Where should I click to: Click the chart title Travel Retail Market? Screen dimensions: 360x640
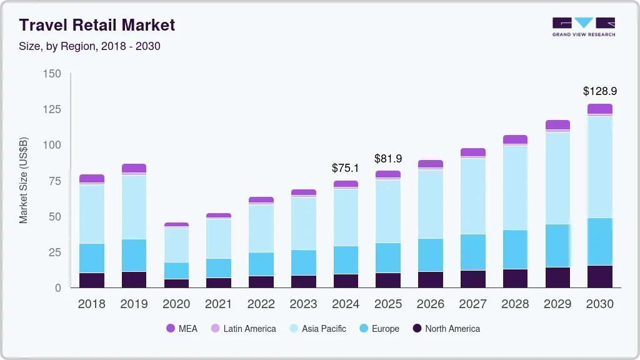[x=97, y=25]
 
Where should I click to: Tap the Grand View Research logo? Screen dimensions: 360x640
[x=583, y=26]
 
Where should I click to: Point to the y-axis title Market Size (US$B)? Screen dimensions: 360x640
[x=24, y=180]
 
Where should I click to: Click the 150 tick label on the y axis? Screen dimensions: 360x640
[x=52, y=74]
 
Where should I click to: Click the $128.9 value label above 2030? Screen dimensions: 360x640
[x=600, y=91]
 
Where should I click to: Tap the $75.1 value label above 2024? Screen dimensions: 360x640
[x=346, y=167]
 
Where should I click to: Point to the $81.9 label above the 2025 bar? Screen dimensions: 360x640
[x=388, y=159]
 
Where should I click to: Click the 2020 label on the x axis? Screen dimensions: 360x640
[x=176, y=304]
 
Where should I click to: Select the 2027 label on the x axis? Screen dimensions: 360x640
[x=472, y=304]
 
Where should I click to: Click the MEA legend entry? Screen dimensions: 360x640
[x=181, y=328]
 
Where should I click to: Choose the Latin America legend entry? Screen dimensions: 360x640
[x=243, y=328]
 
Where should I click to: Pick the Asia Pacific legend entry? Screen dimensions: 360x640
[x=317, y=328]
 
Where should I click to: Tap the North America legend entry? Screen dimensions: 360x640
[x=446, y=328]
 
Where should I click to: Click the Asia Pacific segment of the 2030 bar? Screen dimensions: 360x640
[x=600, y=167]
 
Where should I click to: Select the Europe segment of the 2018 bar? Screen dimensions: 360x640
[x=92, y=258]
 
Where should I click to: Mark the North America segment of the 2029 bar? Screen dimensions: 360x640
[x=557, y=277]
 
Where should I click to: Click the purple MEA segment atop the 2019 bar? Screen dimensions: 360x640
[x=134, y=168]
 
